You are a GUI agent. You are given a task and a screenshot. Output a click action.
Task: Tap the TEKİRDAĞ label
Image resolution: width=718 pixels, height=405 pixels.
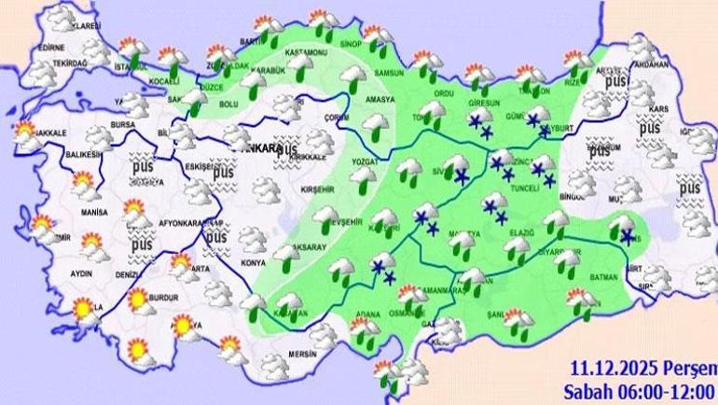[x=56, y=64]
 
